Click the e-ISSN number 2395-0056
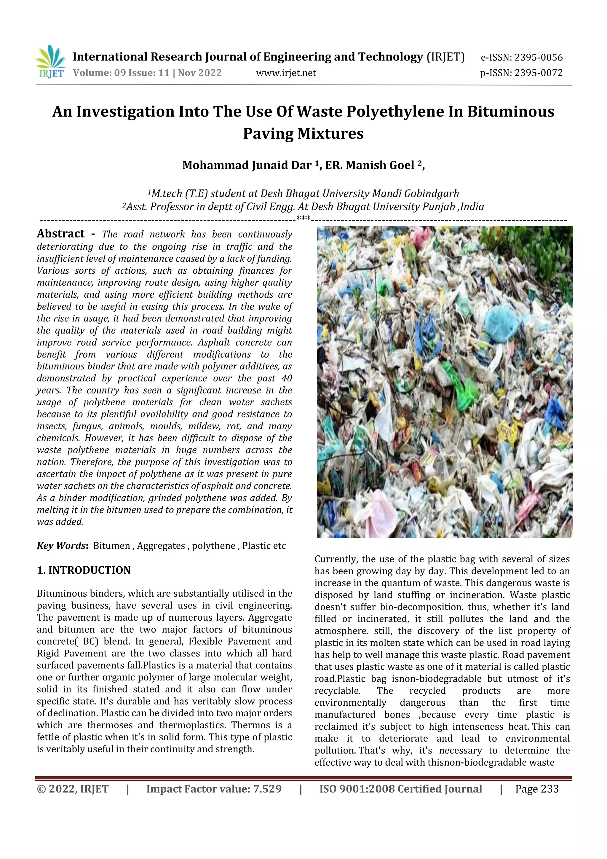point(538,58)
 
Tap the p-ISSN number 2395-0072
point(538,73)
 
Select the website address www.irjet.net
point(286,73)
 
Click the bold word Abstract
point(60,234)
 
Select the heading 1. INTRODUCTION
point(84,570)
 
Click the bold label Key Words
point(61,546)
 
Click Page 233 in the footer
point(537,789)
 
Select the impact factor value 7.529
point(267,789)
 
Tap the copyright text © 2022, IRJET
point(73,789)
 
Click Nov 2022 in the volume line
point(200,73)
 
